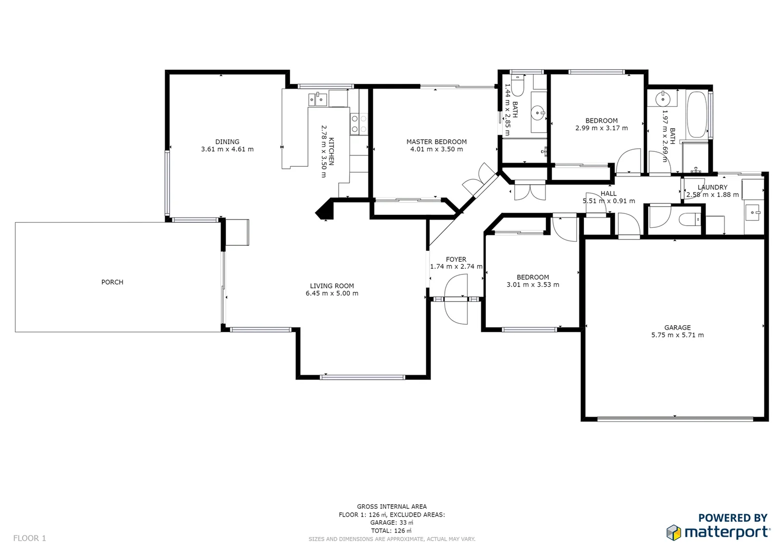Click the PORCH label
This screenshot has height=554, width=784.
pyautogui.click(x=112, y=282)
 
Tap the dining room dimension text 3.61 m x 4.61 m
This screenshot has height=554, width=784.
pyautogui.click(x=227, y=149)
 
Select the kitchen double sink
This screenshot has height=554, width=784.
pyautogui.click(x=318, y=98)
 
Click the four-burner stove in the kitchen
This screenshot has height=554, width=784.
pyautogui.click(x=359, y=124)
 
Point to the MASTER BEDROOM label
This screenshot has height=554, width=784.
pyautogui.click(x=436, y=142)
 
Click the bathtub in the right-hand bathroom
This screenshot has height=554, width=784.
pyautogui.click(x=697, y=114)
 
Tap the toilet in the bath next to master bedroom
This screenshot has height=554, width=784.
pyautogui.click(x=517, y=86)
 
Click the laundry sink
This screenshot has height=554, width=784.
pyautogui.click(x=753, y=211)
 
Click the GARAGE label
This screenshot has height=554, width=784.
pyautogui.click(x=677, y=327)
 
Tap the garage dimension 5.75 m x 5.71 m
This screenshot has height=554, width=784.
pyautogui.click(x=677, y=335)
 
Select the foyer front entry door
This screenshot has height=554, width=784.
pyautogui.click(x=456, y=299)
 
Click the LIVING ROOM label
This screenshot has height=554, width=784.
pyautogui.click(x=331, y=286)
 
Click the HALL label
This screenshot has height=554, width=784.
pyautogui.click(x=609, y=193)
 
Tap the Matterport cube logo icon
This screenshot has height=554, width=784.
pyautogui.click(x=674, y=532)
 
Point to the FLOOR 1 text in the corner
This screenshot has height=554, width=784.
pyautogui.click(x=30, y=538)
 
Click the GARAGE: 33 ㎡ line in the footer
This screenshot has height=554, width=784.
pyautogui.click(x=391, y=523)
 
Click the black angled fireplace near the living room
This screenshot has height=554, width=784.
pyautogui.click(x=325, y=210)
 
